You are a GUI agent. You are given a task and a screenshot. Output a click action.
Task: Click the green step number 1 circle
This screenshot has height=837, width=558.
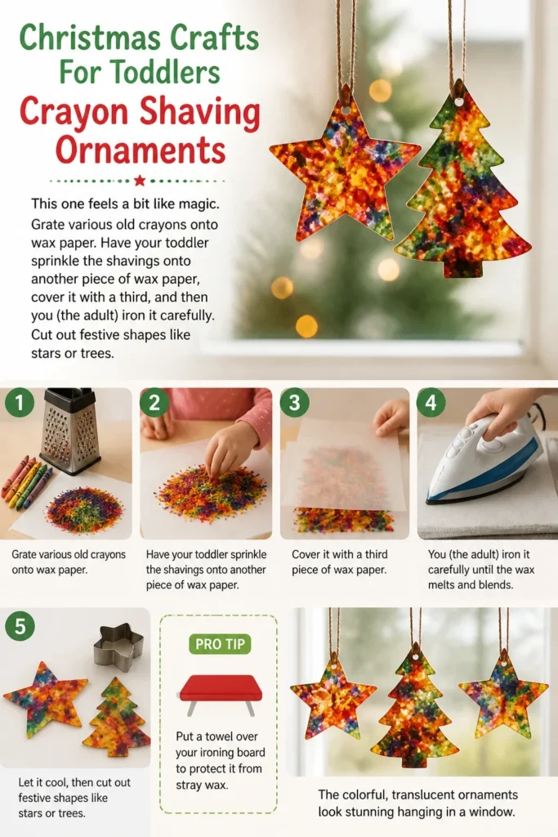20,402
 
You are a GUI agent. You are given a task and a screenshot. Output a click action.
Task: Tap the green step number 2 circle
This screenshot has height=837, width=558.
154,402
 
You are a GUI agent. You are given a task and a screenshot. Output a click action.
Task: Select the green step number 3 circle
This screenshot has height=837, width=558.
294,402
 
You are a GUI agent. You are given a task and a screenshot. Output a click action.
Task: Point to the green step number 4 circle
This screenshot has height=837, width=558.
431,402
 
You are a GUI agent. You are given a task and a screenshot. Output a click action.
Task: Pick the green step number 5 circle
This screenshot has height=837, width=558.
20,625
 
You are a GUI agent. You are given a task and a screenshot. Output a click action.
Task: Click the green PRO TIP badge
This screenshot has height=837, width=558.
220,644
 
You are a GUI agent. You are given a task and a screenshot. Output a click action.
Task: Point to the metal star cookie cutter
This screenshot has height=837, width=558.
118,646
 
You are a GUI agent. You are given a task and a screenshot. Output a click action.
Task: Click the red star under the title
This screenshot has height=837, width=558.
140,181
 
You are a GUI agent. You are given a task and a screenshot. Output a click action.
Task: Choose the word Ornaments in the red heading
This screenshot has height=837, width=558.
141,150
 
